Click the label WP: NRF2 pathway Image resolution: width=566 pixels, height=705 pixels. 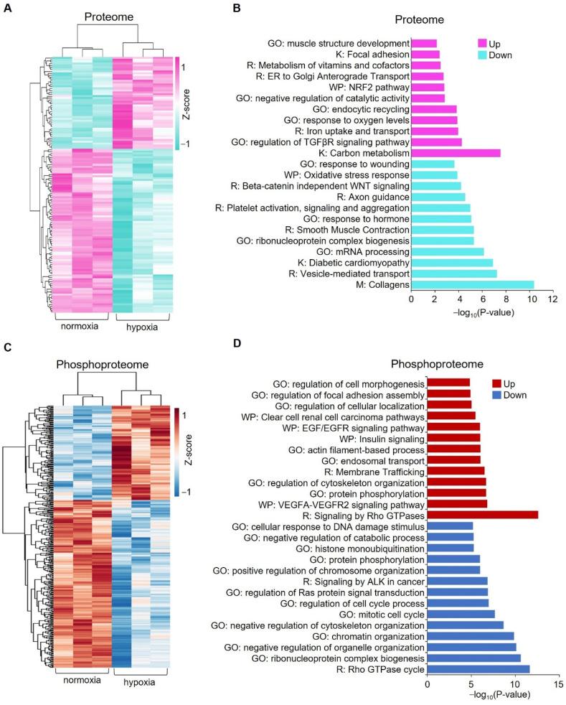[374, 87]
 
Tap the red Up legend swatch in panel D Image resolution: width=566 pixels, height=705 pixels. [500, 383]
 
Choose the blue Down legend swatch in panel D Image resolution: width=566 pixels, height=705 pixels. [500, 396]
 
